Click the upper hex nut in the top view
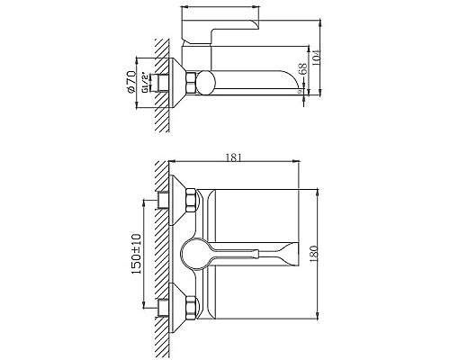(190, 203)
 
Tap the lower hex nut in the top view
(190, 306)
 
